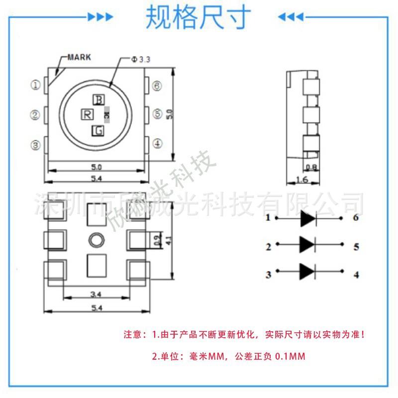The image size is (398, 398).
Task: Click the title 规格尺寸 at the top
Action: click(198, 18)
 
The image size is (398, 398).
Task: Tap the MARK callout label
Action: click(79, 57)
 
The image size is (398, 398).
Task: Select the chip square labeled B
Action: click(99, 100)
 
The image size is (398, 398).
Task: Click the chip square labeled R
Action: click(87, 115)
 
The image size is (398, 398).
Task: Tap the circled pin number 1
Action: click(36, 85)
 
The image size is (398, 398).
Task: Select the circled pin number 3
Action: click(36, 145)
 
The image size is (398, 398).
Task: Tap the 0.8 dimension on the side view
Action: click(311, 167)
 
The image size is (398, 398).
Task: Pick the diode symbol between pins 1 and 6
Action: click(308, 218)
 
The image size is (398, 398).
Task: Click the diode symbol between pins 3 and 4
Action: click(308, 271)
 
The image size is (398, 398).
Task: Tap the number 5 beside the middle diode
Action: click(356, 246)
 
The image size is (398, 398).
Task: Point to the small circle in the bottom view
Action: click(96, 240)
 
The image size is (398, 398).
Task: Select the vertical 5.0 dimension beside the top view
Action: click(170, 114)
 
